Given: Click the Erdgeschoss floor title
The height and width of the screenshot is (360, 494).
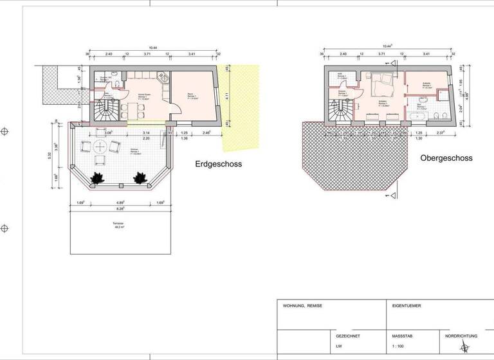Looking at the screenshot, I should click(218, 164).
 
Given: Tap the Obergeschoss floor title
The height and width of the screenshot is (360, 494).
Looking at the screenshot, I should click(446, 157).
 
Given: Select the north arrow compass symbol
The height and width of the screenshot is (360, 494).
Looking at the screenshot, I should click(461, 348).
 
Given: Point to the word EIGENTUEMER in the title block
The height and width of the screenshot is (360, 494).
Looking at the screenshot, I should click(407, 306).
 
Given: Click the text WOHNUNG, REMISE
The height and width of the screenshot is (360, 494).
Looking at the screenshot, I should click(302, 306).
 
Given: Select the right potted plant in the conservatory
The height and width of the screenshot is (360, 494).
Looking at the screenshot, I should click(140, 176).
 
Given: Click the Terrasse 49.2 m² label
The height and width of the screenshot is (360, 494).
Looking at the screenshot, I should click(119, 226).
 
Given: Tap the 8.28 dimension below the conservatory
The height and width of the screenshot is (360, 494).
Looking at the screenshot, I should click(119, 209).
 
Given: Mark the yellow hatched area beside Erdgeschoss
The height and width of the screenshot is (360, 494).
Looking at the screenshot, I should click(244, 103).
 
